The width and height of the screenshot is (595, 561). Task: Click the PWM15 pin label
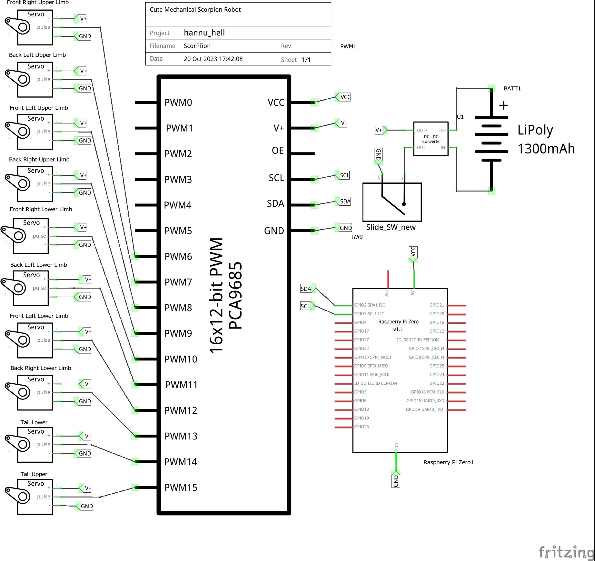tap(181, 487)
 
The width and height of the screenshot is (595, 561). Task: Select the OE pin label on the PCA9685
tap(278, 151)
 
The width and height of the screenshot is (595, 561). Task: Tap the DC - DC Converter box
tap(431, 139)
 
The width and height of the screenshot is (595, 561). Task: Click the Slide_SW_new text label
tap(391, 227)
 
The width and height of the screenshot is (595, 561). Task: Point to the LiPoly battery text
tap(535, 130)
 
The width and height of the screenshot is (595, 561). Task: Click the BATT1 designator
tap(512, 88)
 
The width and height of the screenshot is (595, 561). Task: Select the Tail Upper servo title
tap(34, 474)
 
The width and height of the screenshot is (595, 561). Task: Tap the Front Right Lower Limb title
tap(41, 209)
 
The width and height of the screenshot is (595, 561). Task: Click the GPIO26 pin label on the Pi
tap(362, 427)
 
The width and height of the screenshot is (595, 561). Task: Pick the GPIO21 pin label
tap(437, 305)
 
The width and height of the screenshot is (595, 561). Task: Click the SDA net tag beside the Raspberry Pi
tap(306, 289)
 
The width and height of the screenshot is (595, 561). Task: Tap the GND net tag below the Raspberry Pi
tap(396, 480)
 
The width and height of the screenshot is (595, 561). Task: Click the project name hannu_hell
tap(204, 33)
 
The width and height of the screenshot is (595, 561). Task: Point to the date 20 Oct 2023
tap(213, 59)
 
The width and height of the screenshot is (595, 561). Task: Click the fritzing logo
tap(566, 552)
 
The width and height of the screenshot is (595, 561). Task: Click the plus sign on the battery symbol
tap(503, 105)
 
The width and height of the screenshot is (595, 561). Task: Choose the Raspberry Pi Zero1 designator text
tap(448, 462)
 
